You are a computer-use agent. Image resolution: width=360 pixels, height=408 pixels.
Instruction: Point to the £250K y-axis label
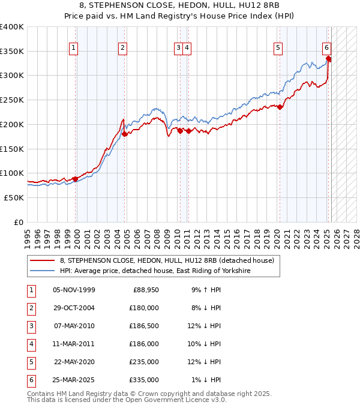click(x=12, y=100)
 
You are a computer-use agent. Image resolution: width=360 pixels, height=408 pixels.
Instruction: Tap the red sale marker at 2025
click(x=329, y=58)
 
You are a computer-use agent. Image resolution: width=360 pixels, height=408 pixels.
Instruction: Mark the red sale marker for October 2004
click(x=125, y=134)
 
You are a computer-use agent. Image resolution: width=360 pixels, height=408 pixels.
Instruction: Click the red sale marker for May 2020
click(x=280, y=107)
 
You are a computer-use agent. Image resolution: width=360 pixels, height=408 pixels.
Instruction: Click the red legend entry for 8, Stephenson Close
click(x=167, y=260)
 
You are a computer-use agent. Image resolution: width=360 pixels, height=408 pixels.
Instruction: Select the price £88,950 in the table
click(x=145, y=290)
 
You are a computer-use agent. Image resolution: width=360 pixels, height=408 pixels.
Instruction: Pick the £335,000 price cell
click(x=145, y=380)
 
